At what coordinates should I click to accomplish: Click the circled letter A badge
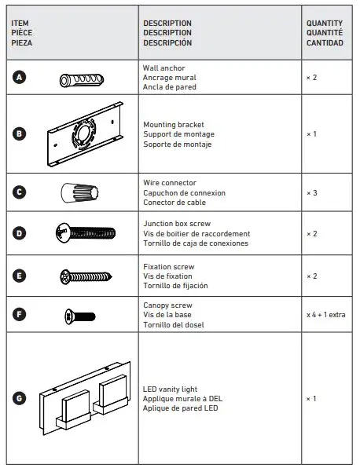[x=20, y=78]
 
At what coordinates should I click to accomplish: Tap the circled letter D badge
[x=20, y=232]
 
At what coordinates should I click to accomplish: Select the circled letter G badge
[x=20, y=399]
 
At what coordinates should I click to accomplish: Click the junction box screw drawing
[x=85, y=232]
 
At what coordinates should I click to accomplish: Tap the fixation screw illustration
[x=84, y=276]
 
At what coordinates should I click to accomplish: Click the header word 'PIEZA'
[x=21, y=43]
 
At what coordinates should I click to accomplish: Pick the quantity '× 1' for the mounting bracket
[x=312, y=134]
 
